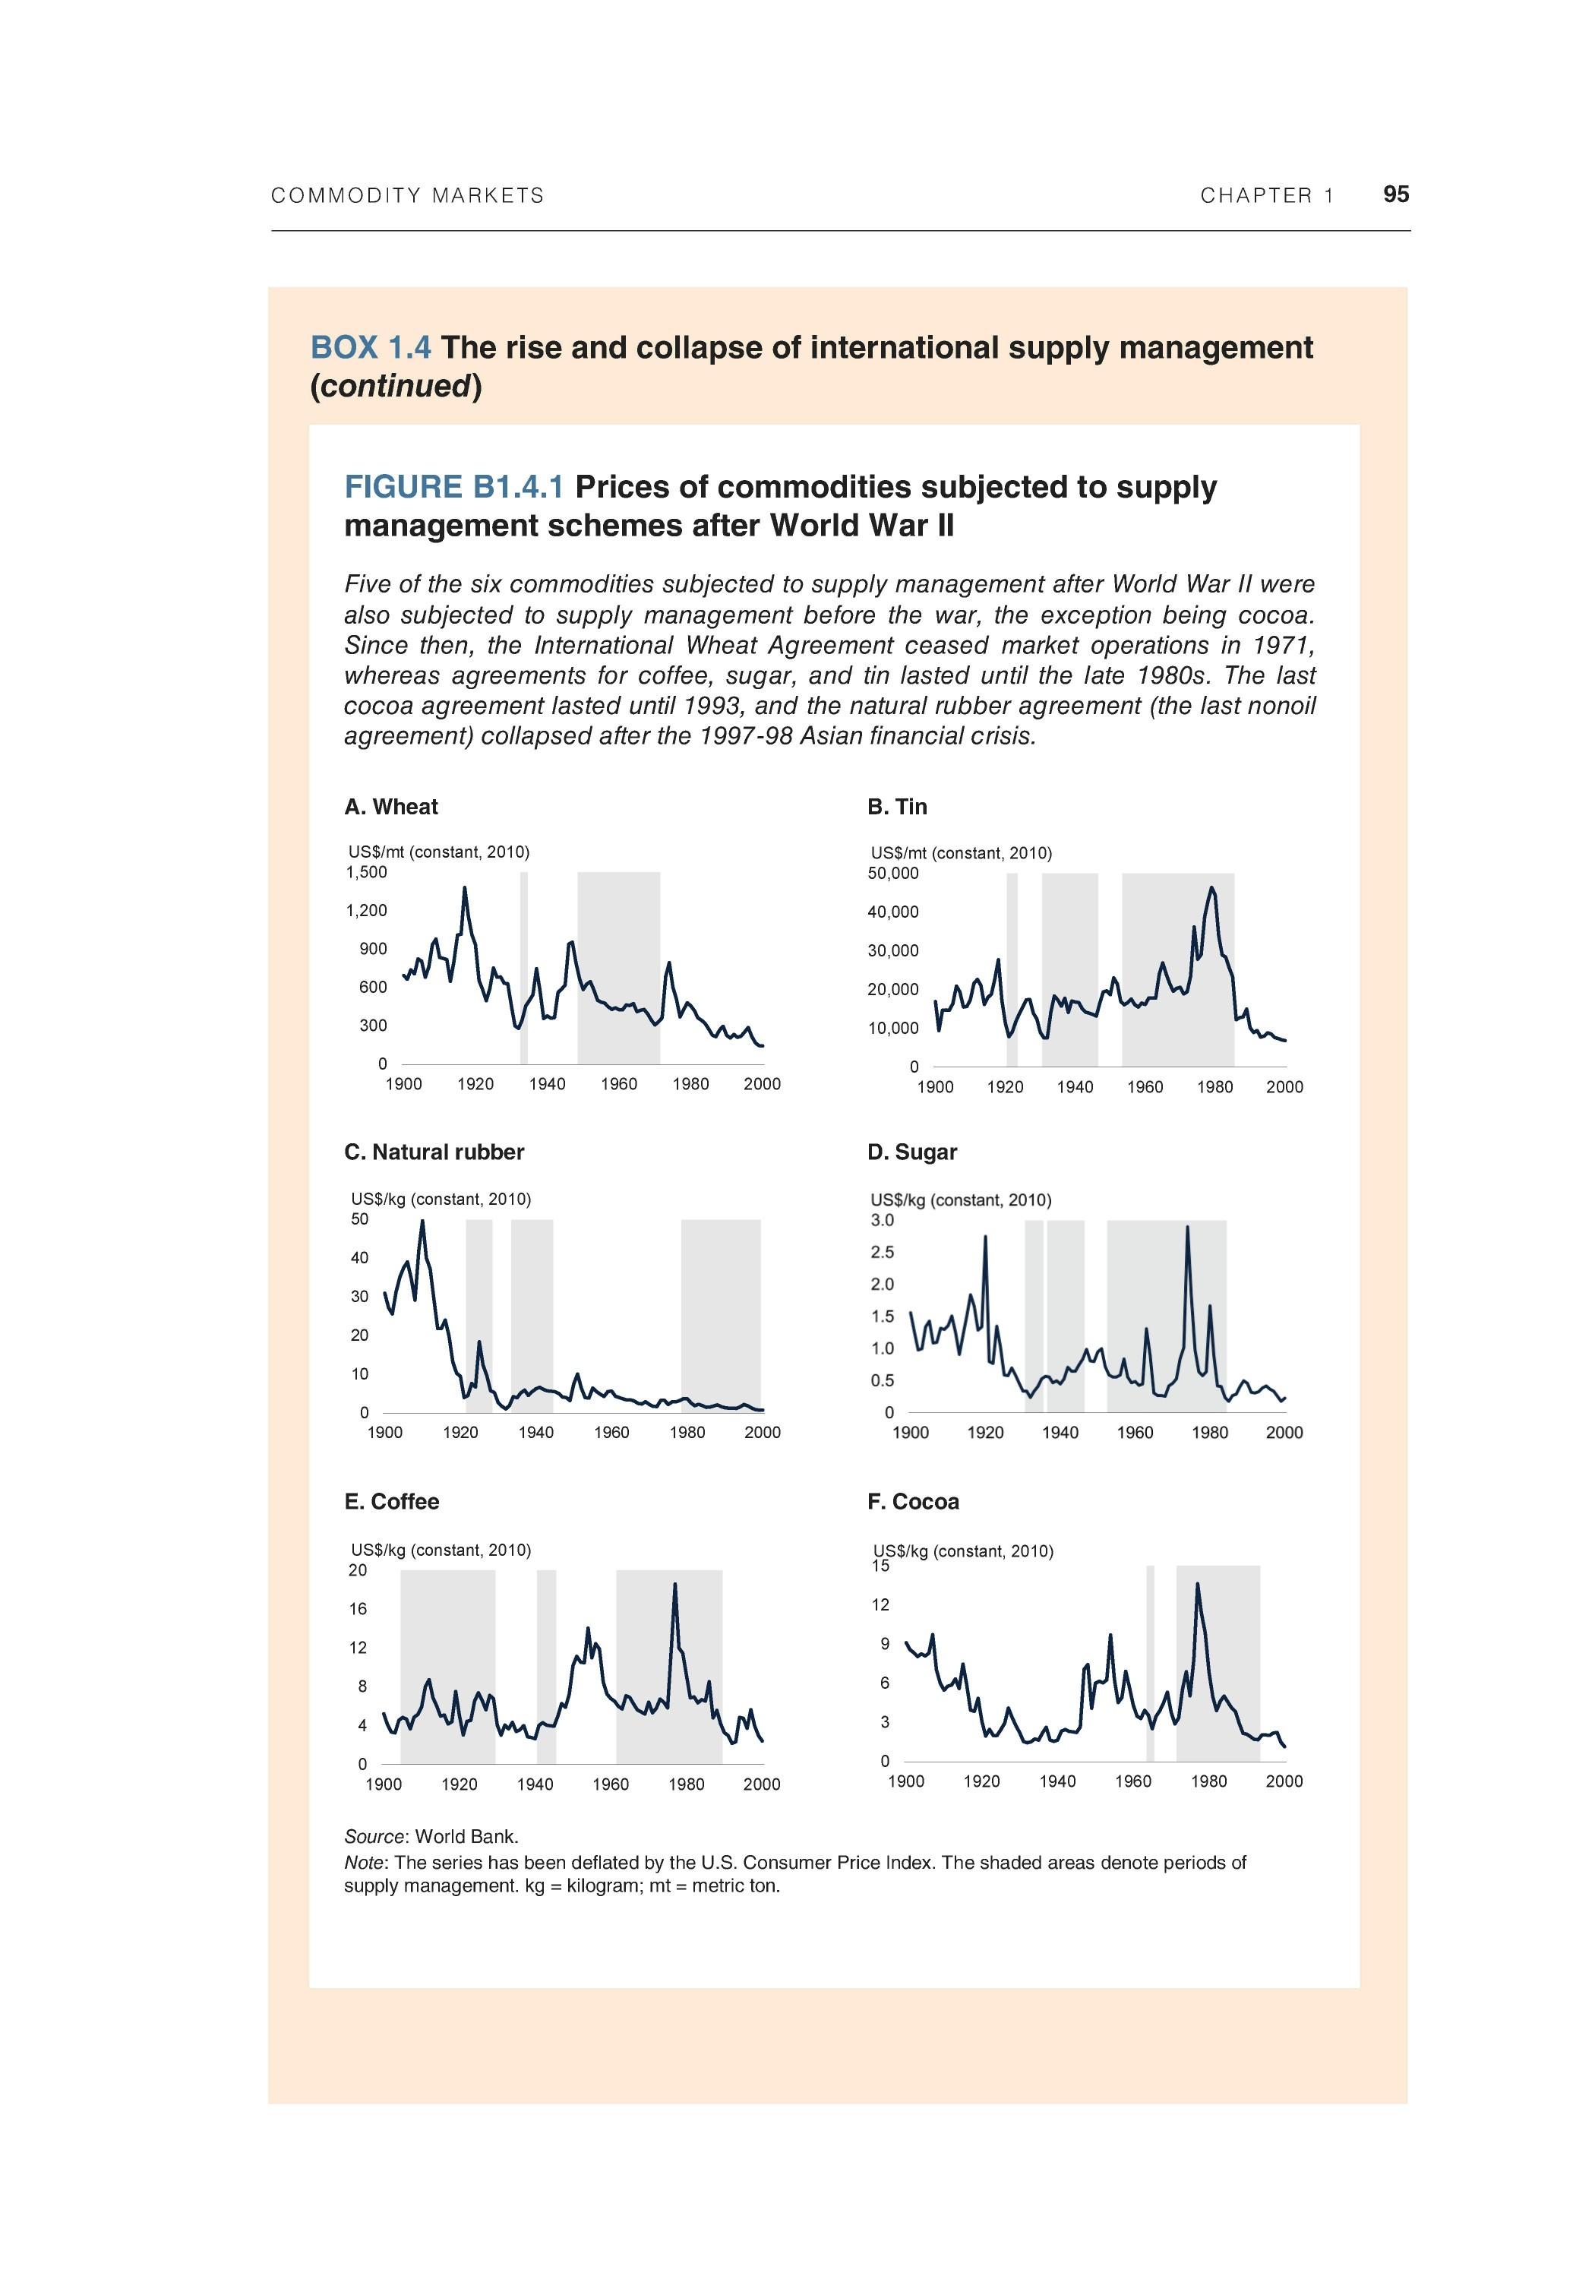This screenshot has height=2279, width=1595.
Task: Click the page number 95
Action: [1395, 194]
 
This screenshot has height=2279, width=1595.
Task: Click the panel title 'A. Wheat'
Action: [391, 807]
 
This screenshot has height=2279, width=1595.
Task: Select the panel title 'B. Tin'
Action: [897, 807]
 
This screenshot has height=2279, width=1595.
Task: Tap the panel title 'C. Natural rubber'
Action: [434, 1152]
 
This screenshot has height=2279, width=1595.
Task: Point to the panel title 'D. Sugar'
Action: [912, 1152]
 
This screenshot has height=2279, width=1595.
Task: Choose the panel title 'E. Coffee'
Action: [391, 1502]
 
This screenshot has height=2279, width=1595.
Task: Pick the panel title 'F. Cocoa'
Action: [913, 1502]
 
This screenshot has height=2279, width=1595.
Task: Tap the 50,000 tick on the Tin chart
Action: [893, 874]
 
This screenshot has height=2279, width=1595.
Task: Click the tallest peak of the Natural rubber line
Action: [422, 1221]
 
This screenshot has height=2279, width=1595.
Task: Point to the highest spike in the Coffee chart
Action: [675, 1584]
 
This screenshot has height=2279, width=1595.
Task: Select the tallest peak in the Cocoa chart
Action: [1197, 1584]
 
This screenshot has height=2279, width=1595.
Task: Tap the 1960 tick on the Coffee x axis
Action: [611, 1784]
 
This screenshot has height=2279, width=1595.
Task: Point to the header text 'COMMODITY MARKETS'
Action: [408, 195]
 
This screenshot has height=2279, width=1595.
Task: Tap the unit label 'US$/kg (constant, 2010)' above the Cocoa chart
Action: [963, 1551]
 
